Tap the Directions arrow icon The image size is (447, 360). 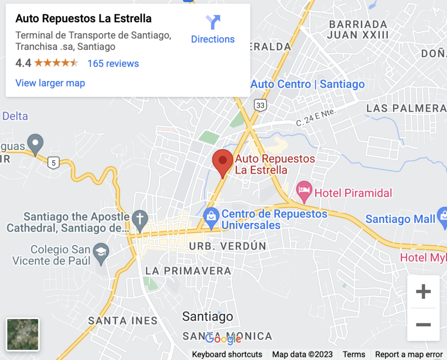213,22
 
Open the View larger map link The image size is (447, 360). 50,83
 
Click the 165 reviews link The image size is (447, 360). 113,63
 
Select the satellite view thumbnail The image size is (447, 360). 23,335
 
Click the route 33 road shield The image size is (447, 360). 261,105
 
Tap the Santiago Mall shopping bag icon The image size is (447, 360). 442,217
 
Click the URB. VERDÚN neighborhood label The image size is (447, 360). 227,246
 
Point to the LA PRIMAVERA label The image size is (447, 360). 188,271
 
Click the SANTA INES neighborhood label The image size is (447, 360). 123,321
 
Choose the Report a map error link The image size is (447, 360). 409,354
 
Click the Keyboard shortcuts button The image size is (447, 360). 227,354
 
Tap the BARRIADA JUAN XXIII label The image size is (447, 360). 358,29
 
